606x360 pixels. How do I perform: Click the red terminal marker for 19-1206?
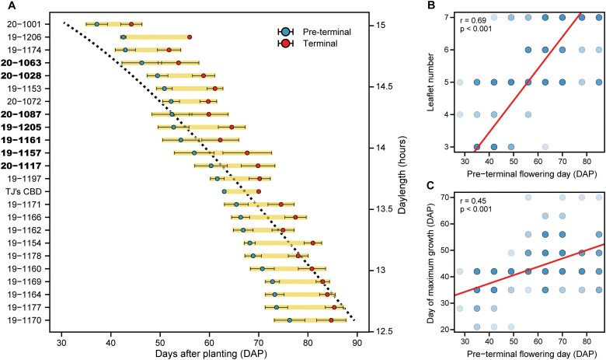pos(190,37)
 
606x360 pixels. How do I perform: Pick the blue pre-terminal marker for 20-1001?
pos(97,24)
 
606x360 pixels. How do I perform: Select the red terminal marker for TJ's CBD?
pos(259,191)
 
